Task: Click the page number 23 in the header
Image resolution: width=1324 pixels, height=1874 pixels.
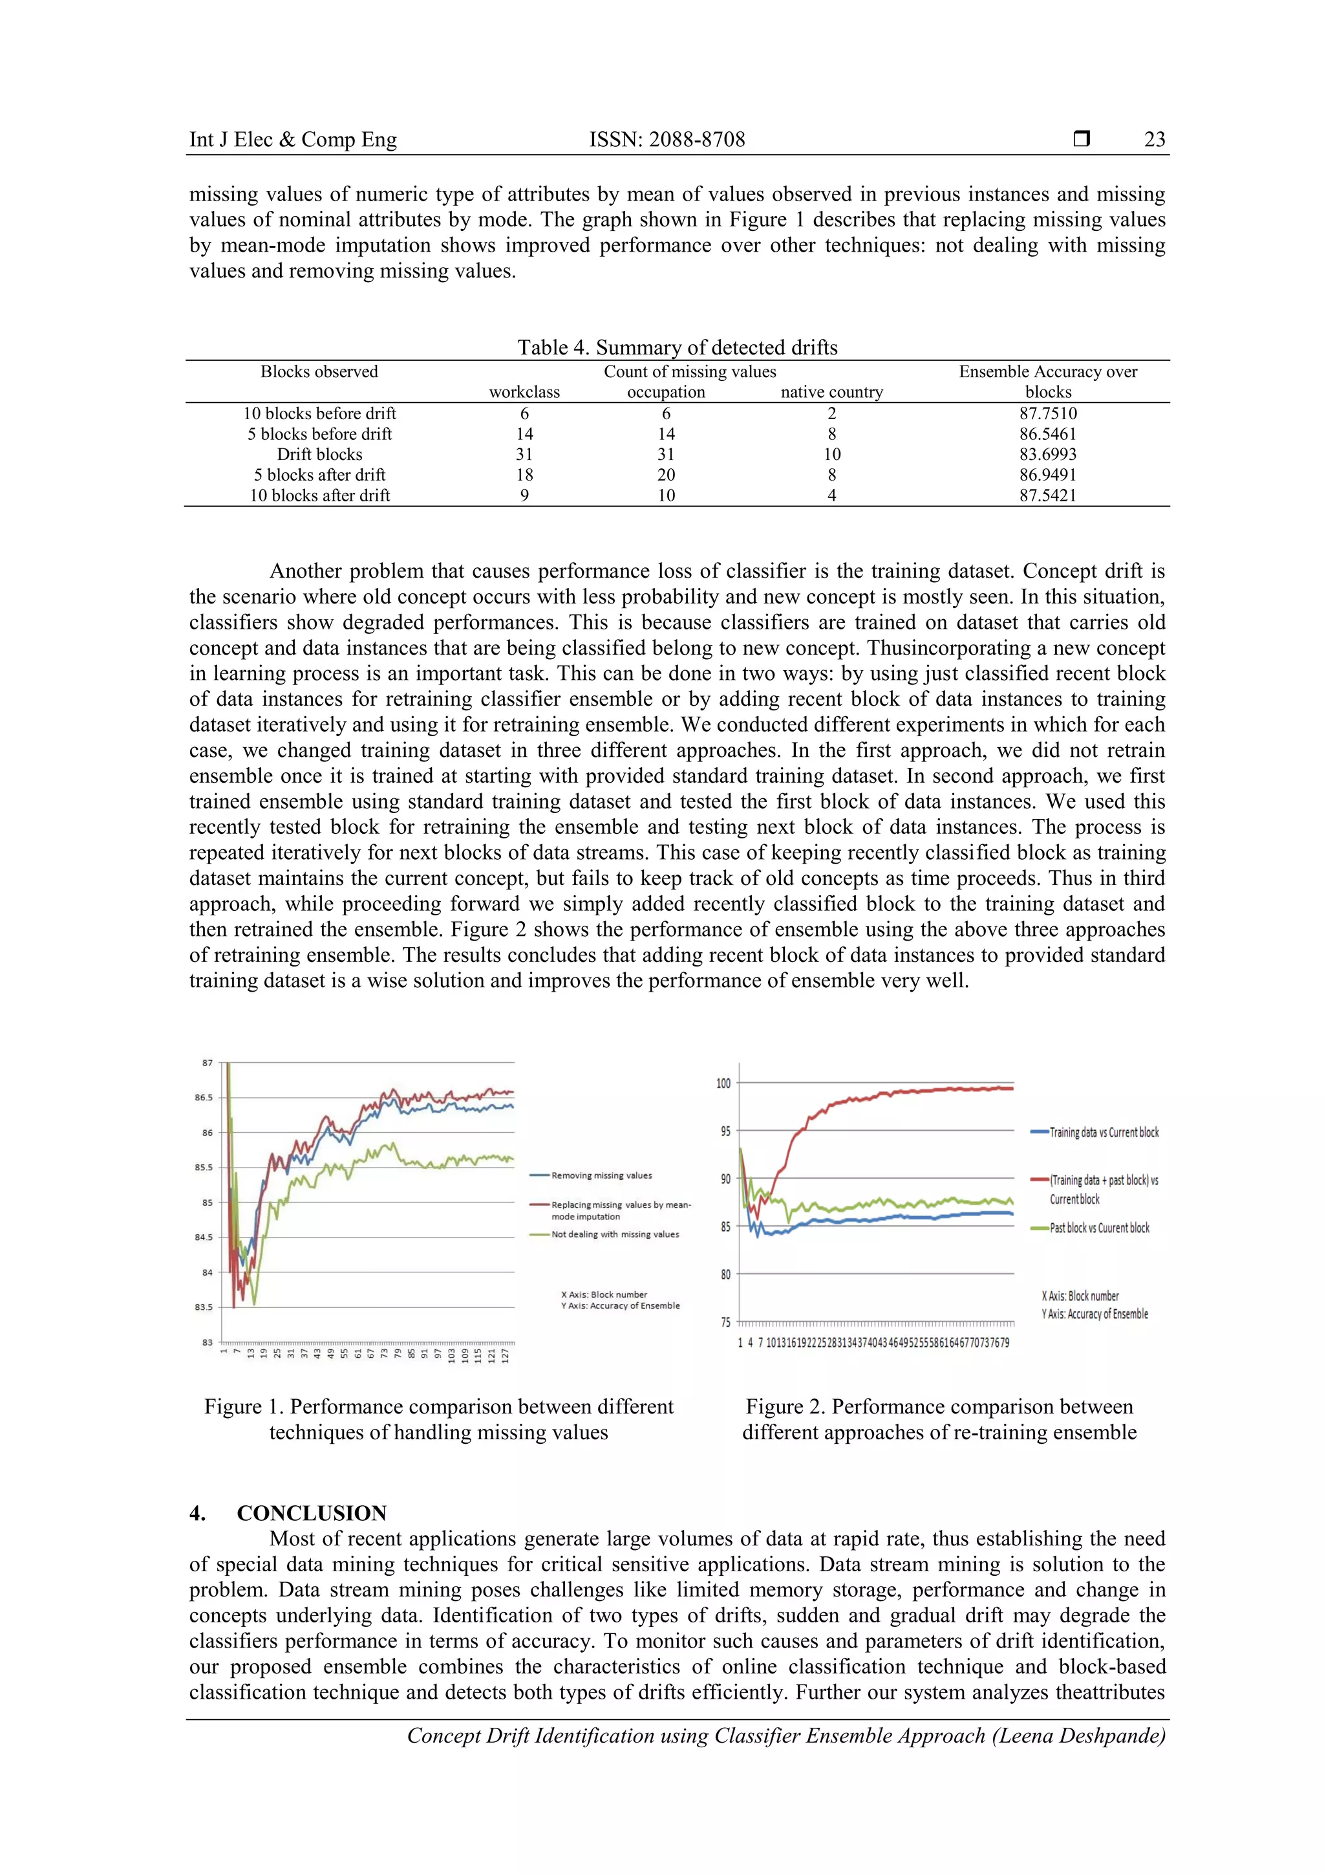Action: point(1153,140)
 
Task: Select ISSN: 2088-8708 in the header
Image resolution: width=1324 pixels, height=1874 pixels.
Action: point(667,140)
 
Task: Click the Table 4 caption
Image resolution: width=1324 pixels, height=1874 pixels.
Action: point(677,348)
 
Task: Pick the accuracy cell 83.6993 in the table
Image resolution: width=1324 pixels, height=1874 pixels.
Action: point(1047,455)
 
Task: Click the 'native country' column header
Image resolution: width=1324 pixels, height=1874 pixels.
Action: point(831,393)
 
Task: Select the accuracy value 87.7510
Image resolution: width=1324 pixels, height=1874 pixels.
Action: point(1047,414)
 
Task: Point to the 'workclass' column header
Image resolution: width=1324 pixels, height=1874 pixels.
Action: point(524,393)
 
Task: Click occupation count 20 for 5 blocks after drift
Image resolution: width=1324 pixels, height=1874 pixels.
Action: point(666,475)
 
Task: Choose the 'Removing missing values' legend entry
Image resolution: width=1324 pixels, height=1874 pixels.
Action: point(601,1175)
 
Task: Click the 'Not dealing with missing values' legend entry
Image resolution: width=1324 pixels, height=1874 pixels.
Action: point(614,1234)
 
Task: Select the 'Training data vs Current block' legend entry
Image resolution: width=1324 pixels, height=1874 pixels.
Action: point(1103,1132)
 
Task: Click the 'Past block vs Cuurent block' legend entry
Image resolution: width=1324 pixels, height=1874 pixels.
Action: point(1099,1228)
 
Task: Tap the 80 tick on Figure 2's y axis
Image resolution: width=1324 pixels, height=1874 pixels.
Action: point(725,1274)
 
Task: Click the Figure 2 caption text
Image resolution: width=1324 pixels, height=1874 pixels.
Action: point(939,1419)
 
